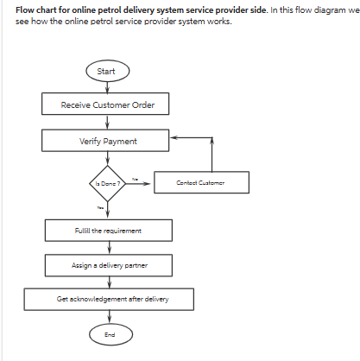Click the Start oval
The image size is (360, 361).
click(x=108, y=71)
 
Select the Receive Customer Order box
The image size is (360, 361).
click(x=108, y=104)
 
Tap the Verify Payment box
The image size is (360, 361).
click(x=108, y=141)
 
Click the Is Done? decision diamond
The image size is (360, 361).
click(x=108, y=183)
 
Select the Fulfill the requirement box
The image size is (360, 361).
click(x=108, y=231)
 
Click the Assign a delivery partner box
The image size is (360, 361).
click(x=108, y=265)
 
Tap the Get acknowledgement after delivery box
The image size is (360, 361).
click(x=108, y=300)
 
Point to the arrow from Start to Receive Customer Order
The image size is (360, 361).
click(x=108, y=87)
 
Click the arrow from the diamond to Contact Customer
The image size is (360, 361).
click(x=140, y=183)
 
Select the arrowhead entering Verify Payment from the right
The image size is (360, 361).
click(x=174, y=136)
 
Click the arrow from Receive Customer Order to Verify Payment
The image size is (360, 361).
click(x=108, y=123)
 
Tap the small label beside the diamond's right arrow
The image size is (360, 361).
click(x=135, y=178)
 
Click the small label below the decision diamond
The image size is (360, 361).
click(x=99, y=207)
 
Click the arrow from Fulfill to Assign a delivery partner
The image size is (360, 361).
click(x=108, y=248)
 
